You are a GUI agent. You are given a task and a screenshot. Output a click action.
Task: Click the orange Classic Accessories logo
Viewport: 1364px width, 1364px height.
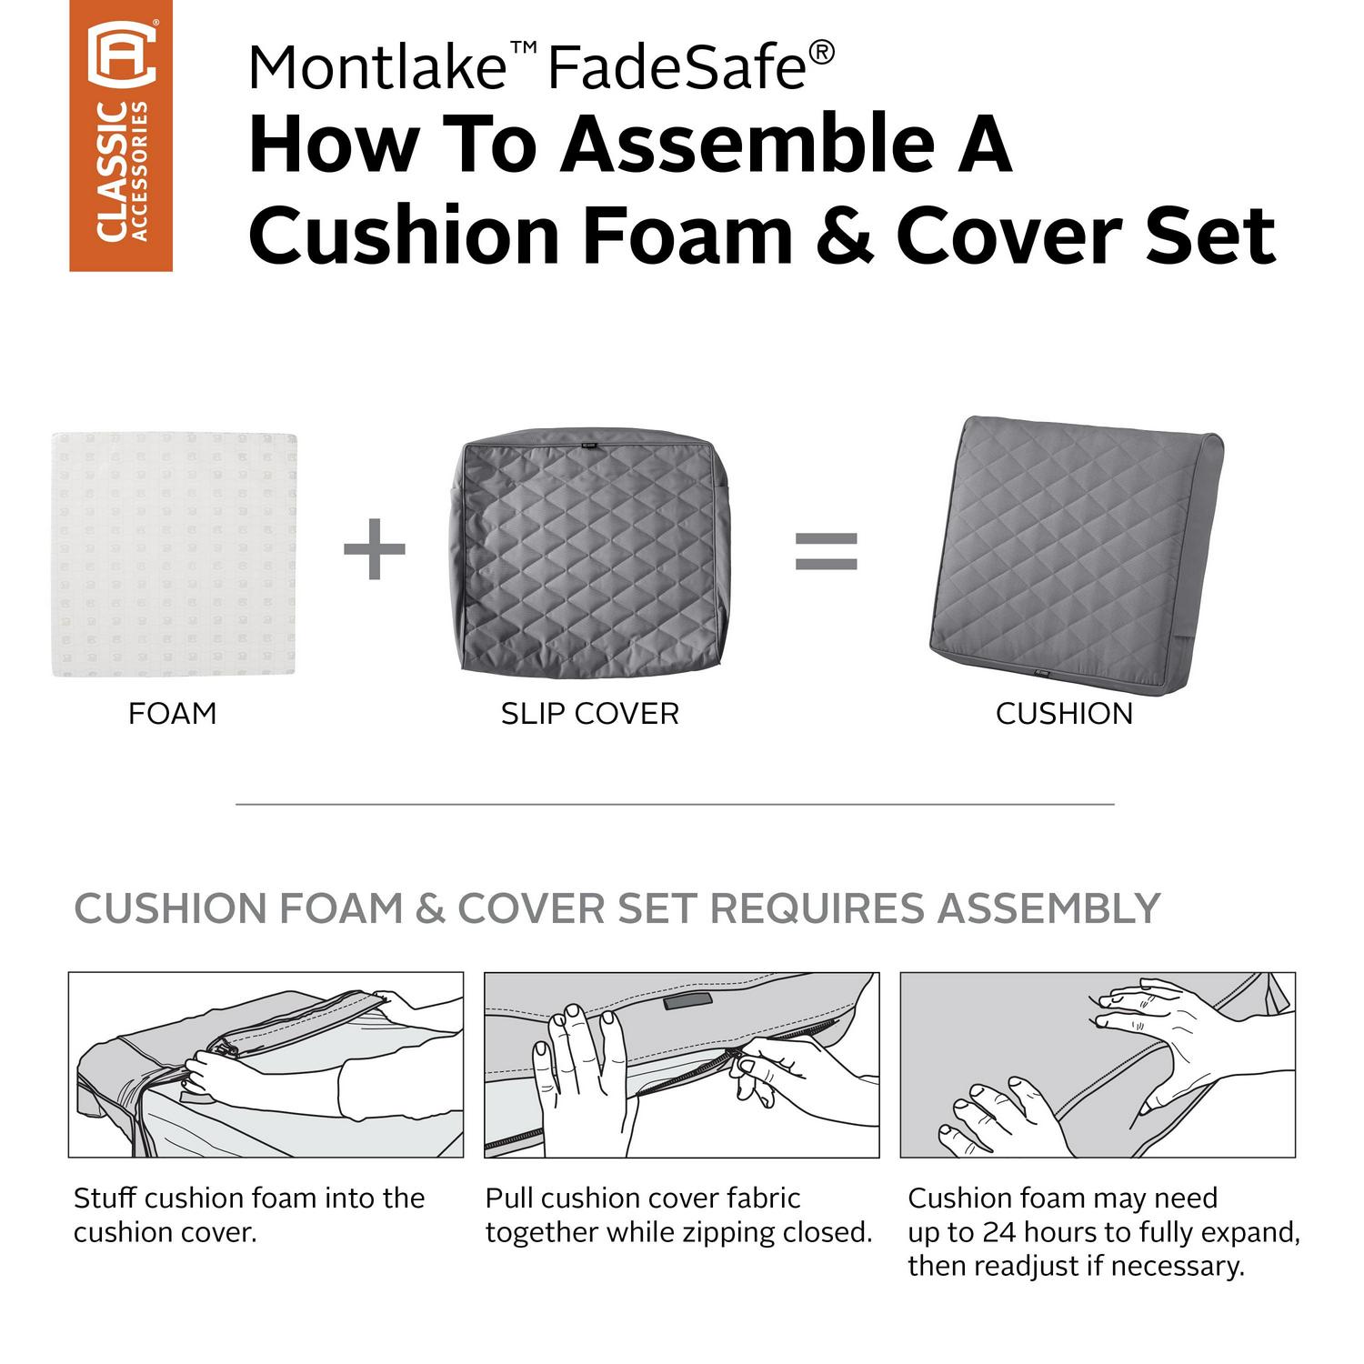[x=121, y=135]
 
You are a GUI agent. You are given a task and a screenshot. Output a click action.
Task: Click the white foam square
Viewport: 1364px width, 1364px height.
[x=175, y=554]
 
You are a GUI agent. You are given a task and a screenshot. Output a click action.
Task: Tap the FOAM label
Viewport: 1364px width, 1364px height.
[x=173, y=714]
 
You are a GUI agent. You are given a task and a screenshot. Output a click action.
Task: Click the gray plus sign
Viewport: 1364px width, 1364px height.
[x=375, y=548]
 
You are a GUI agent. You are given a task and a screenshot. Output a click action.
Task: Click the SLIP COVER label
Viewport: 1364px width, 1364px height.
[x=590, y=714]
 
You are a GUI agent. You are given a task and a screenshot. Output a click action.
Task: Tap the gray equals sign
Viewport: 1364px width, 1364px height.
[x=827, y=550]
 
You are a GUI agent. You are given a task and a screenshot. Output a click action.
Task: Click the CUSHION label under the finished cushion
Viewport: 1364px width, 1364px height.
[x=1064, y=714]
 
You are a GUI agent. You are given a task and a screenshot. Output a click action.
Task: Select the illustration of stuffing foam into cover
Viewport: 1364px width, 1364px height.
[x=266, y=1065]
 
